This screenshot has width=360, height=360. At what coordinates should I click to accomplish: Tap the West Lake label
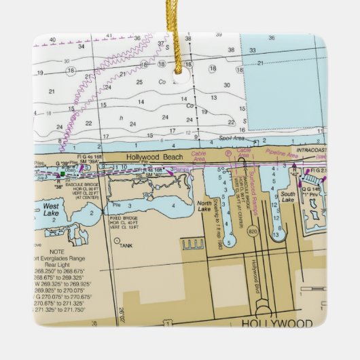click(x=50, y=209)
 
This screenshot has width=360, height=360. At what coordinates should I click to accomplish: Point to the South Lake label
click(x=288, y=197)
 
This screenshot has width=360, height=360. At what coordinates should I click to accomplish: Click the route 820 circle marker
click(x=253, y=232)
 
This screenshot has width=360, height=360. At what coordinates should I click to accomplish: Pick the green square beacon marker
click(x=82, y=175)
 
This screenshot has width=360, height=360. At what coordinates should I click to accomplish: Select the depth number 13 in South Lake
click(x=276, y=235)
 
